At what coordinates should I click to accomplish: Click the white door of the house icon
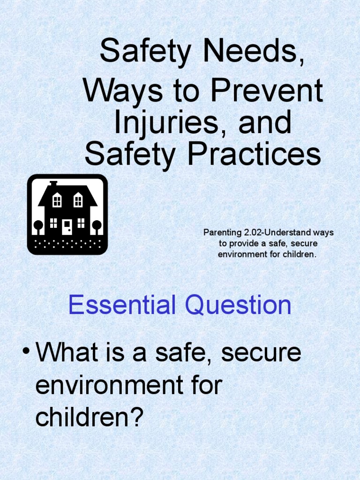tap(67, 227)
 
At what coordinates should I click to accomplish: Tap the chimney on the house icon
tap(53, 183)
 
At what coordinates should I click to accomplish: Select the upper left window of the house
tap(57, 201)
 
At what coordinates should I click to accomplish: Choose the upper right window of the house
tap(78, 201)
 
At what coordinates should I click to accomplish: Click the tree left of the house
tap(38, 226)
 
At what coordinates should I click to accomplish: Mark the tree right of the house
tap(97, 226)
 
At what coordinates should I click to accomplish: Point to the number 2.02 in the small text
tap(252, 233)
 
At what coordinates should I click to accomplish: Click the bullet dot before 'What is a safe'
tap(26, 352)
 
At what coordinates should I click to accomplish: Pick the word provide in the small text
tap(244, 244)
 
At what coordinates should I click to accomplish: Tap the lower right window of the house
tap(81, 223)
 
